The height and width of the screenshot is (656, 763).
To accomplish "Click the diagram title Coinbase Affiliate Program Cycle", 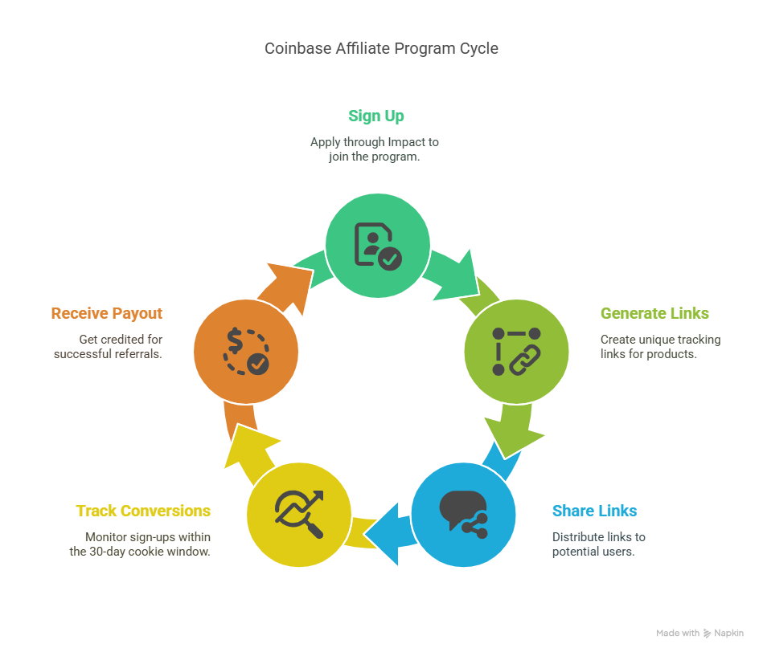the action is click(381, 49).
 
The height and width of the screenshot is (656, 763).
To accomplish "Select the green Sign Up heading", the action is click(376, 116).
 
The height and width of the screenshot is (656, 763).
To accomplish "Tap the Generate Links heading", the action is click(654, 313).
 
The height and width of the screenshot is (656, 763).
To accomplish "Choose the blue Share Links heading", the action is click(594, 511).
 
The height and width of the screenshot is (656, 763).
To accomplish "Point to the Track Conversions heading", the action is click(143, 511).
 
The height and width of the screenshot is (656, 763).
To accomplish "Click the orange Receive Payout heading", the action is click(107, 313).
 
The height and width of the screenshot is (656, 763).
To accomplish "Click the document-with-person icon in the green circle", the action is click(378, 246).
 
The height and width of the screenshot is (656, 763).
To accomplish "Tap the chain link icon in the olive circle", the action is click(525, 360).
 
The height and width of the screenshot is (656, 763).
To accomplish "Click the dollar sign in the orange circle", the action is click(235, 340).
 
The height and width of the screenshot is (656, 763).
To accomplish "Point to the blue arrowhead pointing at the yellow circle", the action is click(384, 534).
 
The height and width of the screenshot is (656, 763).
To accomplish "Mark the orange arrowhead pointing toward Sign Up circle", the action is click(288, 286).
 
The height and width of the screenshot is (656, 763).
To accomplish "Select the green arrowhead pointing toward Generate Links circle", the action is click(460, 278).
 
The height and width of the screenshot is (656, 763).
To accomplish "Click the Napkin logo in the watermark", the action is click(707, 634).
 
